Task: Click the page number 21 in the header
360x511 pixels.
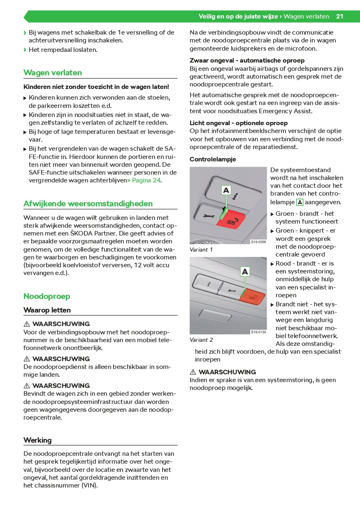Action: (x=339, y=16)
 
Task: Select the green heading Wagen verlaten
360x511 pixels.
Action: (x=53, y=73)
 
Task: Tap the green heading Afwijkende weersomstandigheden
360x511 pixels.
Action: (x=88, y=204)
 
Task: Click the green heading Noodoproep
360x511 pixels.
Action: (x=47, y=296)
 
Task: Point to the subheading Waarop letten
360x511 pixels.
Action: (x=47, y=310)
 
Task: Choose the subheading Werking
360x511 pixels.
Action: (x=37, y=440)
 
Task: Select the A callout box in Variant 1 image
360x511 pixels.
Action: (x=226, y=190)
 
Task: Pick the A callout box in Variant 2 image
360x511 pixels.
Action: (x=245, y=271)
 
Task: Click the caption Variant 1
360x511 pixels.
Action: (x=201, y=250)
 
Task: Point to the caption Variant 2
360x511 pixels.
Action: (x=201, y=340)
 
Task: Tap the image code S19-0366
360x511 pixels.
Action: (x=258, y=242)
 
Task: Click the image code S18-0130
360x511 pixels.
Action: (x=258, y=332)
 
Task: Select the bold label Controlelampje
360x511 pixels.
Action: (x=213, y=159)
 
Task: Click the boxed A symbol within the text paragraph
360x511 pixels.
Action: (x=300, y=202)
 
